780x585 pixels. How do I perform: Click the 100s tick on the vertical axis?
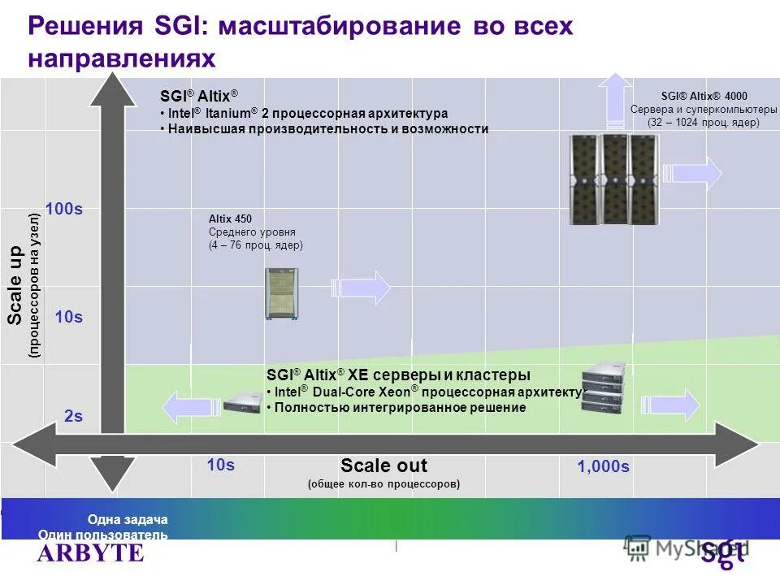pyautogui.click(x=64, y=209)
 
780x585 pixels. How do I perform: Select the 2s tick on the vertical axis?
pyautogui.click(x=73, y=416)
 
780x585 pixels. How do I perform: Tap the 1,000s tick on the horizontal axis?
pyautogui.click(x=603, y=466)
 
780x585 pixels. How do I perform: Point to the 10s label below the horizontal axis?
pyautogui.click(x=220, y=465)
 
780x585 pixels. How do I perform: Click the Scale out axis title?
pyautogui.click(x=383, y=466)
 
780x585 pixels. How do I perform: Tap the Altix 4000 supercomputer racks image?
pyautogui.click(x=613, y=178)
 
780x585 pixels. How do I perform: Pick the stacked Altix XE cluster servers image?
pyautogui.click(x=605, y=389)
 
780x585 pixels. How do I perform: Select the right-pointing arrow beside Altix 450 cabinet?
pyautogui.click(x=361, y=288)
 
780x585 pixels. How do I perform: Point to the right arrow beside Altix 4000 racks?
pyautogui.click(x=691, y=173)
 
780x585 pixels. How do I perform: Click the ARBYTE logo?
pyautogui.click(x=90, y=553)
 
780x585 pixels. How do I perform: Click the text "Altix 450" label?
pyautogui.click(x=230, y=219)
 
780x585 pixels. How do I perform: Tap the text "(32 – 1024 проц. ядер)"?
pyautogui.click(x=703, y=123)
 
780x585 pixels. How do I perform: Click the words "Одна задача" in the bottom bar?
pyautogui.click(x=128, y=519)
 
